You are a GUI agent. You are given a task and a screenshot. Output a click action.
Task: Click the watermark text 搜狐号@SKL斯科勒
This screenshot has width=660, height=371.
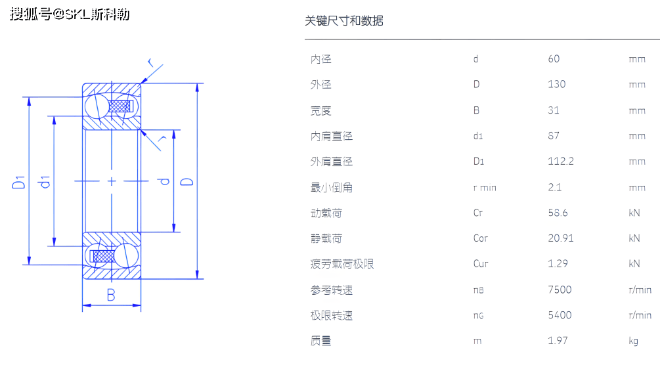[70, 14]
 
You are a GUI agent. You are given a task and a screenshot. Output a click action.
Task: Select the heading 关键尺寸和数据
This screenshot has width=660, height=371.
[344, 21]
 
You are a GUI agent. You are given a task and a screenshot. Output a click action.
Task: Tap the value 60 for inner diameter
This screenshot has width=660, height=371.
[554, 59]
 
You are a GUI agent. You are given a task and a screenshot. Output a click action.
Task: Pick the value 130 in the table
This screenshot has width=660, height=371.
[556, 84]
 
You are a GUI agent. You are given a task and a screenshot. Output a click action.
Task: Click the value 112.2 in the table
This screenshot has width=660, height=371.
[561, 162]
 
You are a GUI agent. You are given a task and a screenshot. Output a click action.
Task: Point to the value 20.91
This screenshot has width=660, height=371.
[561, 238]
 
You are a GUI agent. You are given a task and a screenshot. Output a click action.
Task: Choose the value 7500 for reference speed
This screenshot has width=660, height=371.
[560, 290]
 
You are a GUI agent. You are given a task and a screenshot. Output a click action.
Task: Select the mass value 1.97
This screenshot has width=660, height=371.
[558, 340]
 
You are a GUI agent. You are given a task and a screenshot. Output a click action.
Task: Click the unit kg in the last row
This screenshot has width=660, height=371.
[633, 341]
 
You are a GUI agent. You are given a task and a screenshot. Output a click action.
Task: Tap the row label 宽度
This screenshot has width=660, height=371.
[321, 110]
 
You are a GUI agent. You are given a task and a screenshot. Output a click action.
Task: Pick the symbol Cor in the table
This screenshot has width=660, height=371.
[481, 238]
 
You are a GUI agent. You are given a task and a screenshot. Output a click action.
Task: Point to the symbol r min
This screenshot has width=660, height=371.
[485, 188]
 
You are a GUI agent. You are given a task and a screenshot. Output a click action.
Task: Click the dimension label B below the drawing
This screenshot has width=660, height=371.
[111, 295]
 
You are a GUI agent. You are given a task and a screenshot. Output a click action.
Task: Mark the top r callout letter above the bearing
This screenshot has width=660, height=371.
[151, 63]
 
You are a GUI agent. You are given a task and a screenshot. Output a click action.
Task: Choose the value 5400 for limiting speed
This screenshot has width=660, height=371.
[560, 315]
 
